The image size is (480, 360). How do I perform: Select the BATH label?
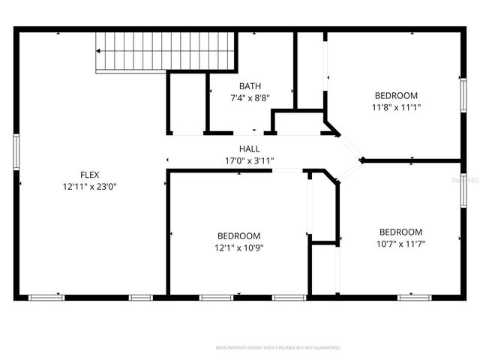250,86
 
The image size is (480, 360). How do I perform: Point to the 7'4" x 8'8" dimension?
250,97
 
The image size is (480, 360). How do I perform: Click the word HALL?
250,149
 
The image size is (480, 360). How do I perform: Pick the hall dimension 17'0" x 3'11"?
250,160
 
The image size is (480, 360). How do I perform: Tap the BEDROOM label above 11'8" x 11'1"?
396,95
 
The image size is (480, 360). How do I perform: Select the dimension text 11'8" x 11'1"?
396,106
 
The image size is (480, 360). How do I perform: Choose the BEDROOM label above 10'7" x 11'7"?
400,232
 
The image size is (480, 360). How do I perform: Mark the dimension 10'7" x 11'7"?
400,243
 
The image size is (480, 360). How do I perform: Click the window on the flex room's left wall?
16,151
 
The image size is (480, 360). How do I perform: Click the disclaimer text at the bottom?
277,348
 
